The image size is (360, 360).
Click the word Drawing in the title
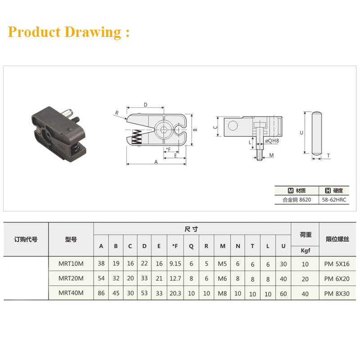[93, 32]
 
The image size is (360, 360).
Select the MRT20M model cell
[71, 279]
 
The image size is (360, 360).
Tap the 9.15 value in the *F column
[175, 264]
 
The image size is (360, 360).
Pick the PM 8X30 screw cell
[337, 293]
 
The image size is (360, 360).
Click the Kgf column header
[306, 251]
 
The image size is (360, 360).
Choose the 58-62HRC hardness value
[334, 200]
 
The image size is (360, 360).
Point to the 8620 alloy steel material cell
[297, 200]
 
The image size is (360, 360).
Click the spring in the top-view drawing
[137, 137]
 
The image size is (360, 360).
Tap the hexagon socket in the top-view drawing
[163, 130]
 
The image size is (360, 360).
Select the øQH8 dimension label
[272, 141]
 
